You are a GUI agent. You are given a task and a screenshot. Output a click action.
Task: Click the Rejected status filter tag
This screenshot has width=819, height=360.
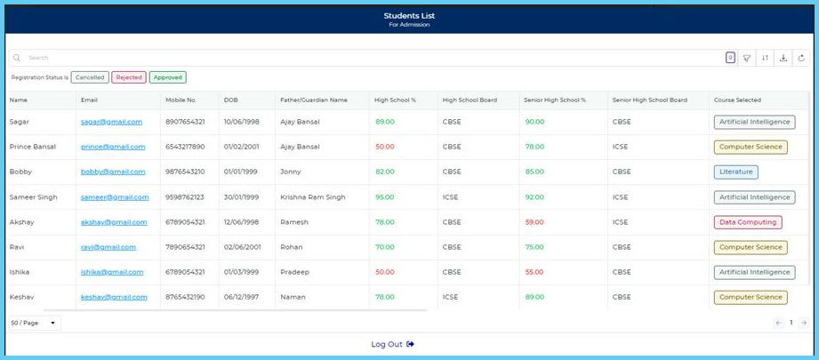pyautogui.click(x=129, y=77)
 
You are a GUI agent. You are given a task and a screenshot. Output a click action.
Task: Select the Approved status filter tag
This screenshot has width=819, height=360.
pyautogui.click(x=167, y=77)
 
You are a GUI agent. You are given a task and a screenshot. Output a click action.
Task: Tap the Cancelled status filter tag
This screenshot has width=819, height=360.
pyautogui.click(x=90, y=77)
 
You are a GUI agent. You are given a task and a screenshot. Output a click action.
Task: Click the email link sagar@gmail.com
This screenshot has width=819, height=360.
pyautogui.click(x=111, y=122)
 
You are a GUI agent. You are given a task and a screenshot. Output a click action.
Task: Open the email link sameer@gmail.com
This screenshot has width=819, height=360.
pyautogui.click(x=115, y=197)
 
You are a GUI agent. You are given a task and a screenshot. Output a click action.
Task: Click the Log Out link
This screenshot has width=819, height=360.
pyautogui.click(x=392, y=344)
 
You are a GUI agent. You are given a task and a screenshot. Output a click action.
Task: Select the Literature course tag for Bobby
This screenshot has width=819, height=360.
pyautogui.click(x=735, y=172)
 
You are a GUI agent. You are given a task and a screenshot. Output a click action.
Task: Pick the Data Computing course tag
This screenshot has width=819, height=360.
pyautogui.click(x=747, y=222)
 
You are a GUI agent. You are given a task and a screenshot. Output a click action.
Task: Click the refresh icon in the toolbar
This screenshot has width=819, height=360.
pyautogui.click(x=801, y=58)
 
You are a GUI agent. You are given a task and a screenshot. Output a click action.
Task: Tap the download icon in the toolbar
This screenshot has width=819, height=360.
pyautogui.click(x=783, y=58)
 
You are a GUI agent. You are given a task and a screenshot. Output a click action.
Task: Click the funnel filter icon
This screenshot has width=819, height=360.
pyautogui.click(x=747, y=58)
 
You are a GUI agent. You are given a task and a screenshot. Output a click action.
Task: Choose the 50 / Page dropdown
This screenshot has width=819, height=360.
pyautogui.click(x=34, y=323)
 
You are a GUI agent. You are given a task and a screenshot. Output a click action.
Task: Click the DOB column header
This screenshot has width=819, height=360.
pyautogui.click(x=231, y=100)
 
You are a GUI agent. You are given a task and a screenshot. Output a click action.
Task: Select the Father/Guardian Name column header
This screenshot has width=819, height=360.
pyautogui.click(x=313, y=100)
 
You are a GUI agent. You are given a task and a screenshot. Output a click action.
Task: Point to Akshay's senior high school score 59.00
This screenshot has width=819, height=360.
pyautogui.click(x=534, y=222)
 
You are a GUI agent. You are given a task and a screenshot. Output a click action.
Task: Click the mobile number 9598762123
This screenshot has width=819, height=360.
pyautogui.click(x=185, y=197)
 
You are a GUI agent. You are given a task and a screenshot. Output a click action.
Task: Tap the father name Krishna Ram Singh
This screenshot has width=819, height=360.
pyautogui.click(x=311, y=197)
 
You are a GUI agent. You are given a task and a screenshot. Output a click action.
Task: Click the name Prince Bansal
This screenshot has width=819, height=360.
pyautogui.click(x=32, y=147)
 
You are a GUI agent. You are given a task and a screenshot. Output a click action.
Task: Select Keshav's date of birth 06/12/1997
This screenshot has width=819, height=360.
pyautogui.click(x=242, y=297)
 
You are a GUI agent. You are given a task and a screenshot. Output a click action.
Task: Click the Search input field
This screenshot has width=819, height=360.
pyautogui.click(x=356, y=58)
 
